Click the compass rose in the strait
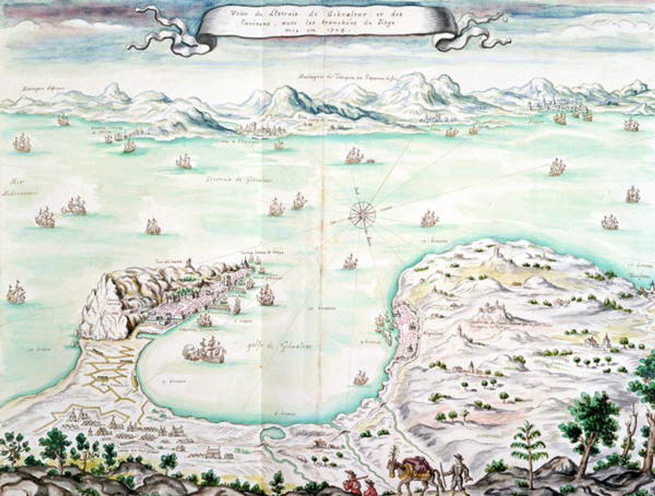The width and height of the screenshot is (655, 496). coord(362,214)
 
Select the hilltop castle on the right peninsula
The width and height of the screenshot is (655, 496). coord(492,311)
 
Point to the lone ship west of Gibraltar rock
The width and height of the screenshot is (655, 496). coord(16,292)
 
